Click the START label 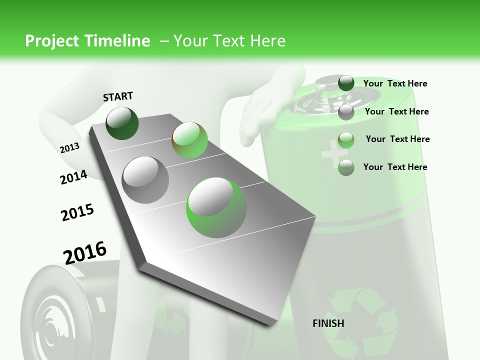click(118, 96)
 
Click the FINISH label click(328, 323)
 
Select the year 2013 click(69, 147)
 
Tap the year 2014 click(73, 177)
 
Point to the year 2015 click(77, 212)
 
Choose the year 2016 click(85, 252)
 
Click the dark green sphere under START click(122, 123)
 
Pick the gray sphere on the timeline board click(145, 179)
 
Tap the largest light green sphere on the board click(216, 207)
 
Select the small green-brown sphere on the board click(189, 140)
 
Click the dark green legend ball click(346, 83)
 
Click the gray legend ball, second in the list click(346, 112)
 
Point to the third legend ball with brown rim click(346, 139)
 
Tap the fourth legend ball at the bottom click(346, 167)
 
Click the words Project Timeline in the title click(87, 41)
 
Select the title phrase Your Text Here click(229, 41)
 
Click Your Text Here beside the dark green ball click(395, 83)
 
